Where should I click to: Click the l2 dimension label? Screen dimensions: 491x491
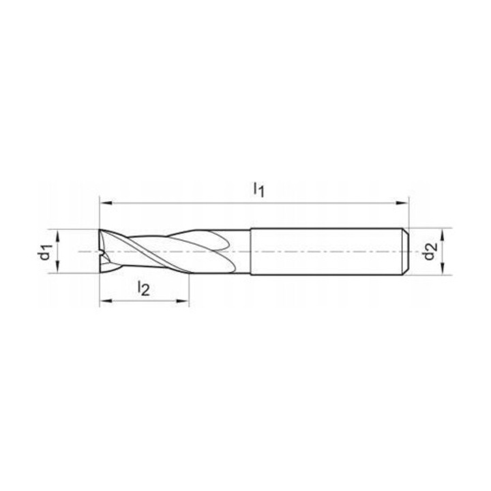[143, 288]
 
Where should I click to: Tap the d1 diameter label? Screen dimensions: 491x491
[46, 252]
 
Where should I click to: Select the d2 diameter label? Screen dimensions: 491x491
[429, 252]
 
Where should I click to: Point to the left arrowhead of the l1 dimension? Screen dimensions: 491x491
[104, 203]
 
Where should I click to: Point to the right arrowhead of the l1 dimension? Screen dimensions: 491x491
[404, 203]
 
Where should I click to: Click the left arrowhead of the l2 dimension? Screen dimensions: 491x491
[104, 301]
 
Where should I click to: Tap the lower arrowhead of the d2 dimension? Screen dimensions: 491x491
[441, 272]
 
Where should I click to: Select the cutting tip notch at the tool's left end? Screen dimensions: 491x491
[103, 253]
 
